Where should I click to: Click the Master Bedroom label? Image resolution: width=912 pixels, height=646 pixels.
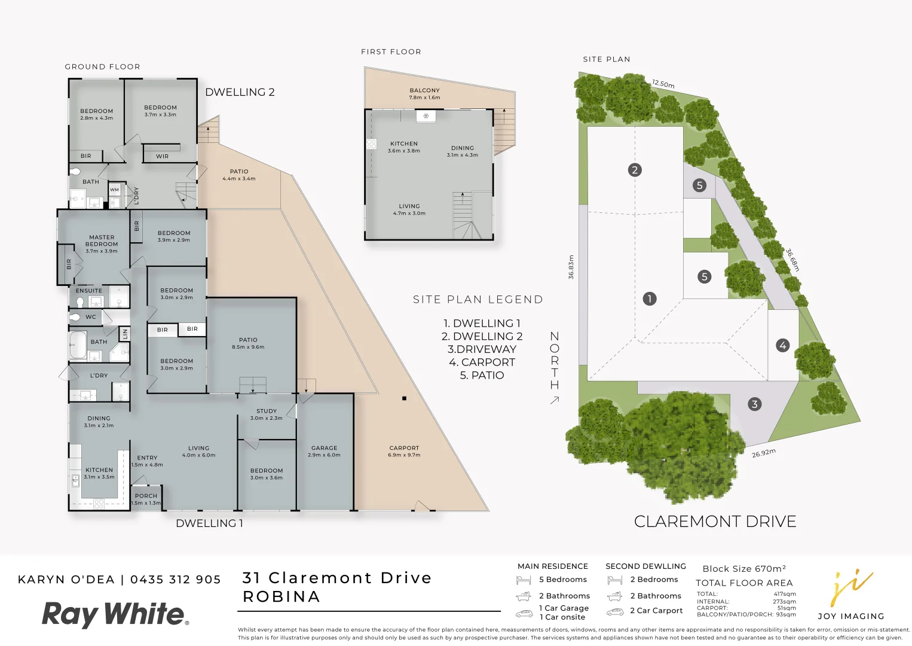pyautogui.click(x=102, y=241)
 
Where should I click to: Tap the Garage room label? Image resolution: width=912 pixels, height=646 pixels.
pyautogui.click(x=324, y=448)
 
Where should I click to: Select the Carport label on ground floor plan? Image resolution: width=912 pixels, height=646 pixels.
pyautogui.click(x=404, y=448)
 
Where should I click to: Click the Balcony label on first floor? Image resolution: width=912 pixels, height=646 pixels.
pyautogui.click(x=424, y=90)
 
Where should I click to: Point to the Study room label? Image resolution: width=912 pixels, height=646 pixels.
pyautogui.click(x=267, y=412)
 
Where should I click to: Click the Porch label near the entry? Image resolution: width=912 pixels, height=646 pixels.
pyautogui.click(x=146, y=496)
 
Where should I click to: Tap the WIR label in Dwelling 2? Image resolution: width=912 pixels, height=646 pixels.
pyautogui.click(x=162, y=156)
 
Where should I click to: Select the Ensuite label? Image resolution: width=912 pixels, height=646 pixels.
pyautogui.click(x=88, y=291)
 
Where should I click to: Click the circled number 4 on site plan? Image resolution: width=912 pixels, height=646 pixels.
pyautogui.click(x=782, y=345)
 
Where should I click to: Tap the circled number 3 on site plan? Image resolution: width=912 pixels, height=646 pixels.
pyautogui.click(x=754, y=404)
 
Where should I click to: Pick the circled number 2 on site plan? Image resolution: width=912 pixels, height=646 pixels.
pyautogui.click(x=635, y=170)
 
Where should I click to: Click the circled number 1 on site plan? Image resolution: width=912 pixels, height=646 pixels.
pyautogui.click(x=649, y=298)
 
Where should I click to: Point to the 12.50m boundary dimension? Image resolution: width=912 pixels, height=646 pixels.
pyautogui.click(x=663, y=84)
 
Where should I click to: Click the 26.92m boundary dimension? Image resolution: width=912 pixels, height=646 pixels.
pyautogui.click(x=763, y=453)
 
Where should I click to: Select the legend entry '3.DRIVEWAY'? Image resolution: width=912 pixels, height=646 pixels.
pyautogui.click(x=482, y=349)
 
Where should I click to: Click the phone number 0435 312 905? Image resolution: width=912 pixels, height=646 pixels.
pyautogui.click(x=176, y=580)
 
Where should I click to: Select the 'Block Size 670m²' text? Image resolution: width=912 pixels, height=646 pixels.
pyautogui.click(x=744, y=569)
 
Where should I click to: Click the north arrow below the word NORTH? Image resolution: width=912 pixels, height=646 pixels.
pyautogui.click(x=555, y=400)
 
